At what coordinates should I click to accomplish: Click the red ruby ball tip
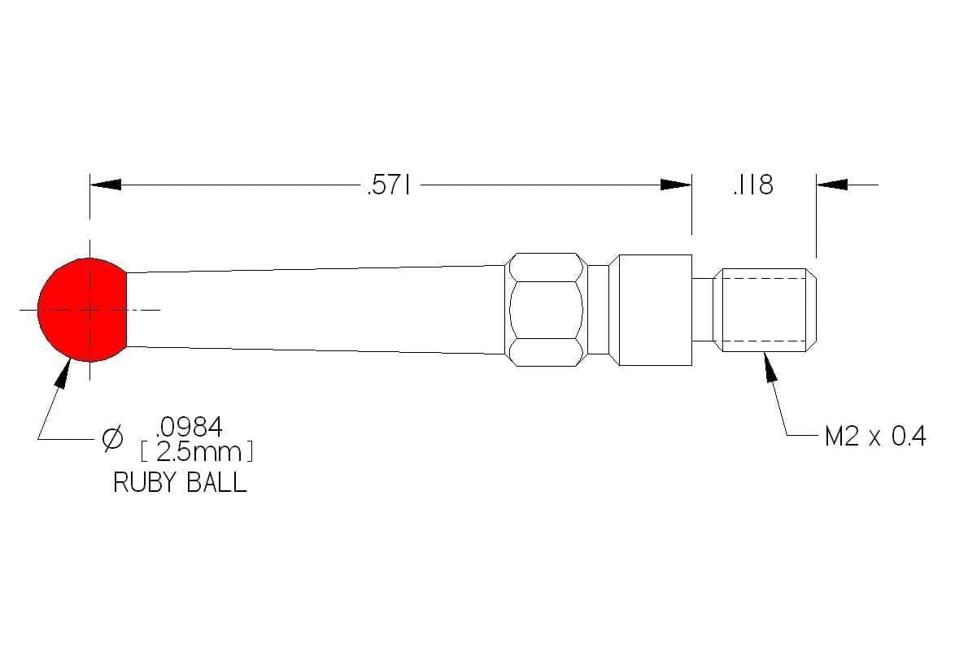click(82, 310)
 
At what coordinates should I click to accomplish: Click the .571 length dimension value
click(389, 185)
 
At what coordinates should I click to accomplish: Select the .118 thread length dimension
click(753, 185)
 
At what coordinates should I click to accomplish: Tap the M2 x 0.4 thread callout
click(875, 437)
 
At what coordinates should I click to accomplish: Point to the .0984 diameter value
click(190, 428)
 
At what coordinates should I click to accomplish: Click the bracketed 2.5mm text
click(197, 452)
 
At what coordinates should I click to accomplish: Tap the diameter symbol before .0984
click(113, 439)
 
